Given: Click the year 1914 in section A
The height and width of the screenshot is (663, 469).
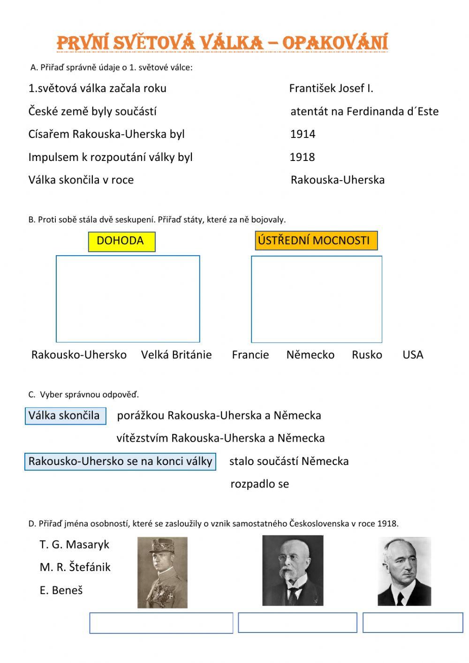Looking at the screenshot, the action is pyautogui.click(x=303, y=134).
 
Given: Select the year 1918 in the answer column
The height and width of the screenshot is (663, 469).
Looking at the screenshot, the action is pyautogui.click(x=302, y=157).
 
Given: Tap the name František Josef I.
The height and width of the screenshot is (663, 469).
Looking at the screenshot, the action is pyautogui.click(x=331, y=88).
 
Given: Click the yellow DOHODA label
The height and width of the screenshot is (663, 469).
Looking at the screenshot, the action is pyautogui.click(x=121, y=241).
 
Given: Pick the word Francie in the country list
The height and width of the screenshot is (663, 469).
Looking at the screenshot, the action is pyautogui.click(x=250, y=355).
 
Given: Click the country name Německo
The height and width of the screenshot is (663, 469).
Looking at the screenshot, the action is pyautogui.click(x=310, y=355).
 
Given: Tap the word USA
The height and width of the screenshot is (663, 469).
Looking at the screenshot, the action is pyautogui.click(x=413, y=355).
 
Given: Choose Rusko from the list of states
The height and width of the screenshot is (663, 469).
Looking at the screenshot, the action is pyautogui.click(x=367, y=355).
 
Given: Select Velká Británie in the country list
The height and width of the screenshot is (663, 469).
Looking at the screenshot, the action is pyautogui.click(x=176, y=355).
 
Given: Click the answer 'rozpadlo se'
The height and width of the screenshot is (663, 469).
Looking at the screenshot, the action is pyautogui.click(x=259, y=484).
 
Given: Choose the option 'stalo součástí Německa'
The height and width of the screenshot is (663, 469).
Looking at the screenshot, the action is pyautogui.click(x=288, y=461).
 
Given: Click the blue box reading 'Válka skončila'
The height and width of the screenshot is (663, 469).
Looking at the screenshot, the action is pyautogui.click(x=65, y=416).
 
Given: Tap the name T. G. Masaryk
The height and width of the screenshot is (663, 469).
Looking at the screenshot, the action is pyautogui.click(x=74, y=545).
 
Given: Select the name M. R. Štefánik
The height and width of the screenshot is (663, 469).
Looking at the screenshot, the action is pyautogui.click(x=75, y=567).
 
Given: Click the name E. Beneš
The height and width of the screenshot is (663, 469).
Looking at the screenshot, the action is pyautogui.click(x=61, y=590).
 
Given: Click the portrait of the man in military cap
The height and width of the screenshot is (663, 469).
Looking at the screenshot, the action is pyautogui.click(x=162, y=572).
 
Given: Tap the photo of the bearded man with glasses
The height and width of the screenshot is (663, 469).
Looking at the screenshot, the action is pyautogui.click(x=293, y=571).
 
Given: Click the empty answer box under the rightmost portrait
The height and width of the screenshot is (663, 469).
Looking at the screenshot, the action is pyautogui.click(x=413, y=623).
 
